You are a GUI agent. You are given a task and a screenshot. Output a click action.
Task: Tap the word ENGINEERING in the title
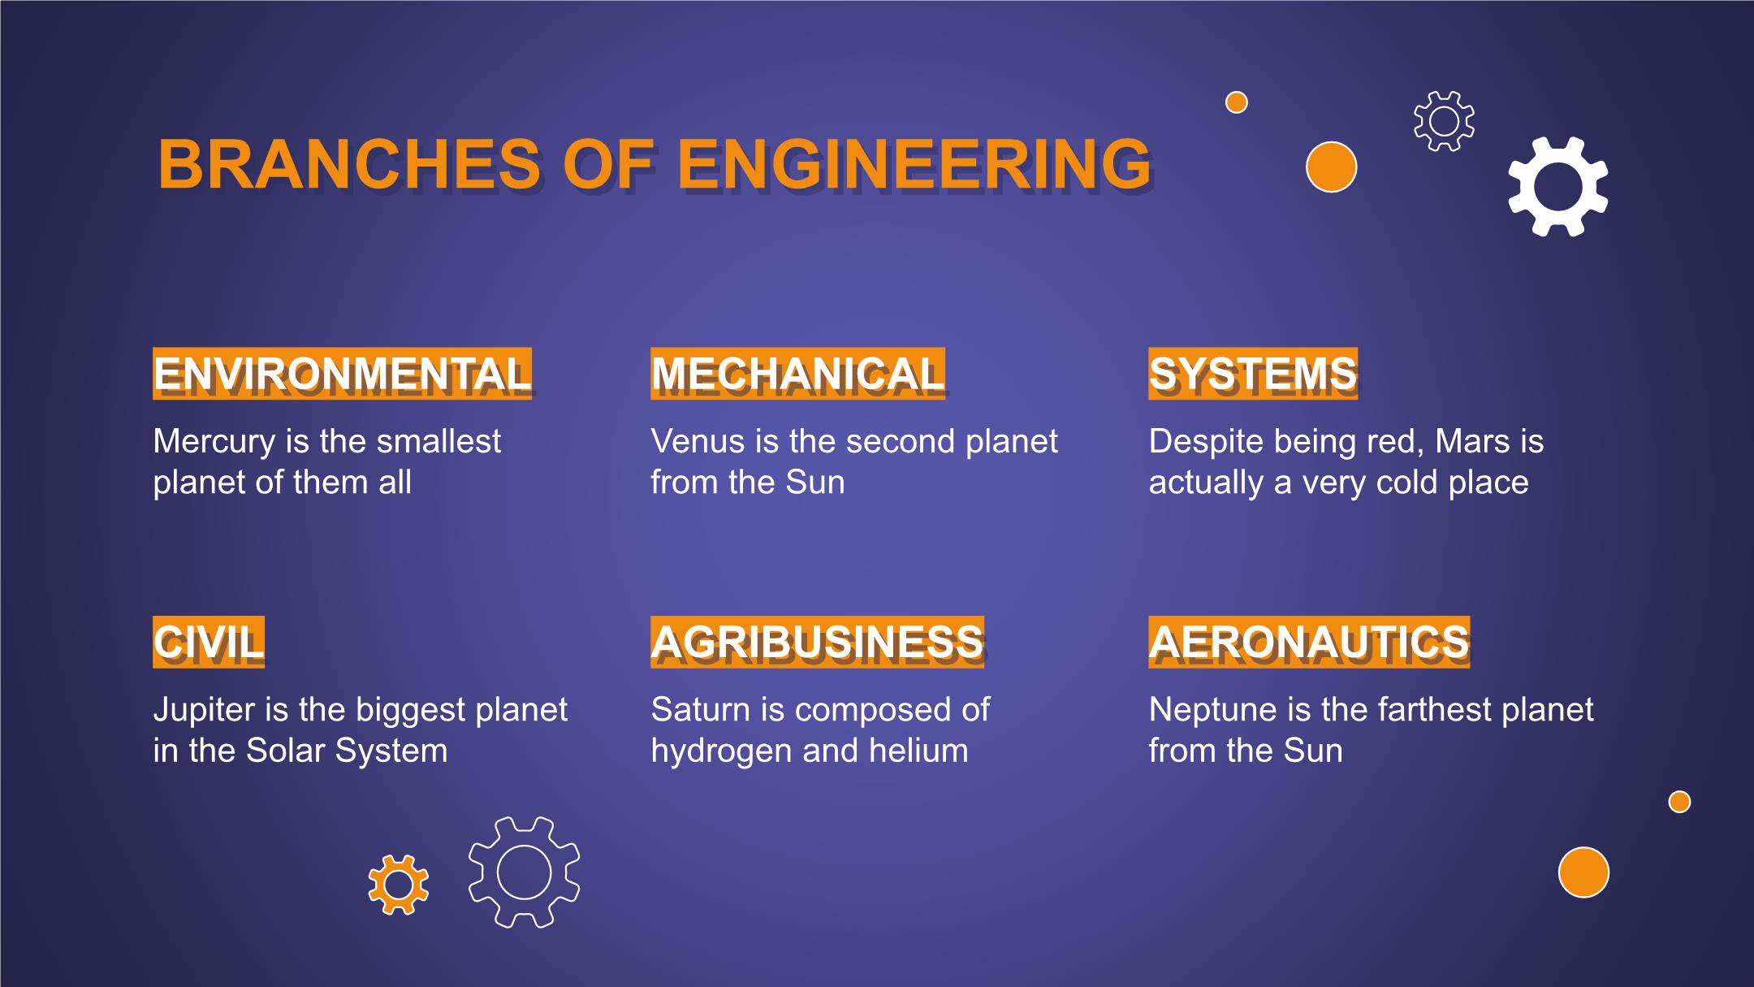[914, 164]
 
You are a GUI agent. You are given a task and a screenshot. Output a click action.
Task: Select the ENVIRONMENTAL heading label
[342, 374]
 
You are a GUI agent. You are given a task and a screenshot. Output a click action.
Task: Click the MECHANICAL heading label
[797, 374]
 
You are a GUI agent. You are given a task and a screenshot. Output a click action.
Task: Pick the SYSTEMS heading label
[1252, 374]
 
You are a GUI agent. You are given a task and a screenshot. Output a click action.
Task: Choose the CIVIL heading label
[209, 642]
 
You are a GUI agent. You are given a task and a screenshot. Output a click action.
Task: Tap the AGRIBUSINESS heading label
[817, 642]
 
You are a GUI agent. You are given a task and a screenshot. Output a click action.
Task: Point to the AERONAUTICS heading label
[1309, 642]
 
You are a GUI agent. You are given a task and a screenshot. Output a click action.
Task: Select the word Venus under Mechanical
[698, 441]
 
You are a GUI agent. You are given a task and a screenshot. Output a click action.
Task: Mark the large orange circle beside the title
[1331, 167]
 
